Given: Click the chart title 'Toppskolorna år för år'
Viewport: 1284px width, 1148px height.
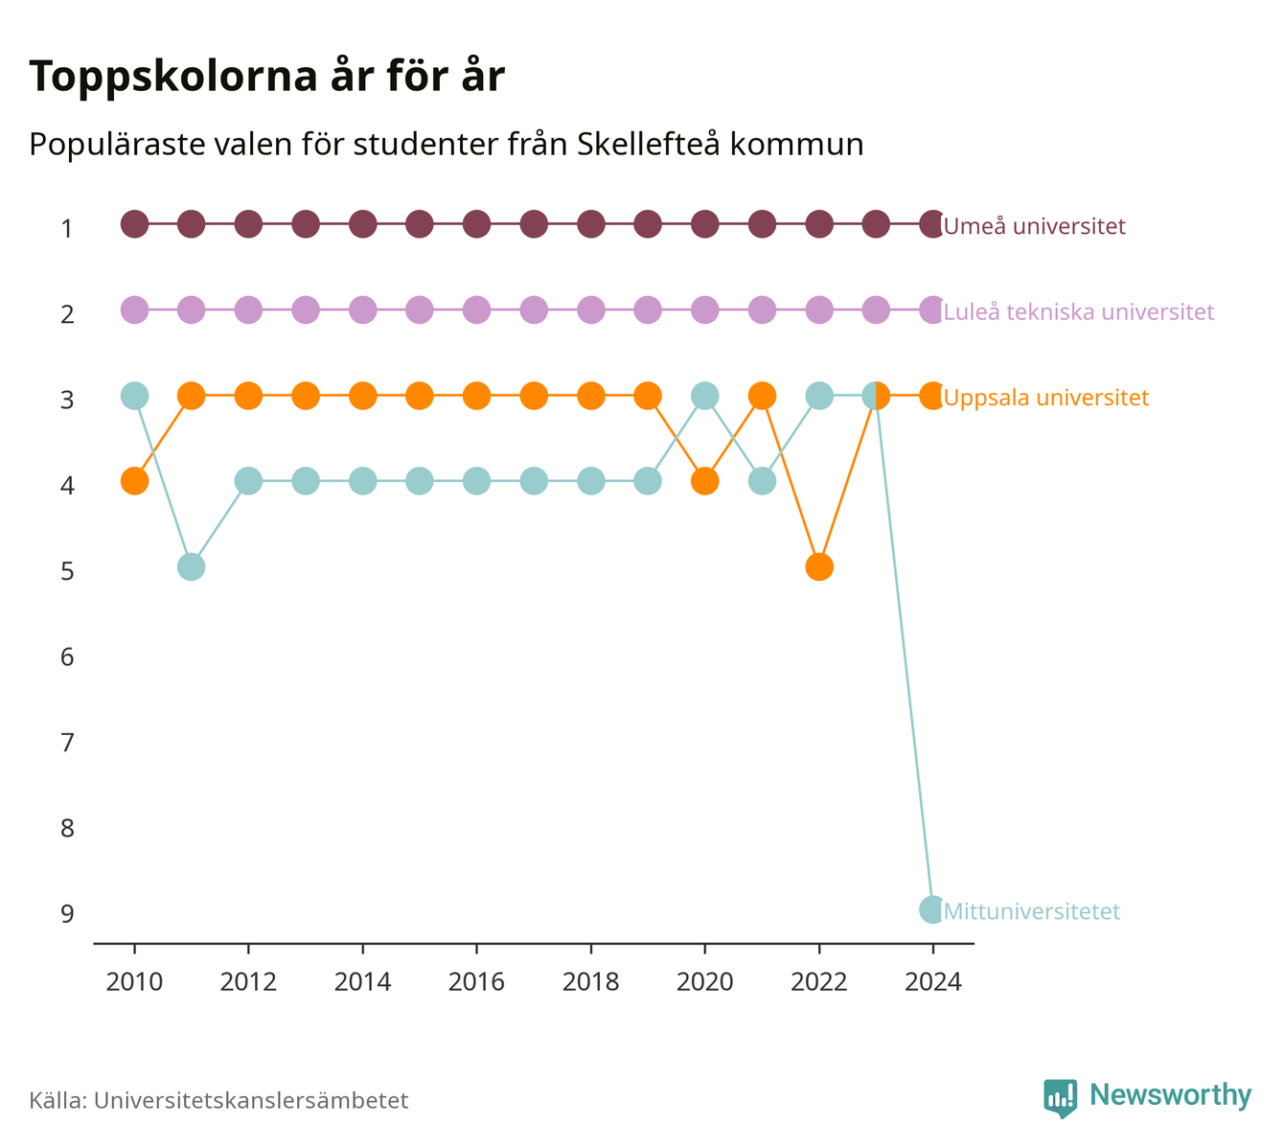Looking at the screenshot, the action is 266,77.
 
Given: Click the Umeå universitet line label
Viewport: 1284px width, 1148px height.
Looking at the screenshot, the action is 1034,225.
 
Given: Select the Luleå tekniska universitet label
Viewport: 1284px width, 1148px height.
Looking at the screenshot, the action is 1078,311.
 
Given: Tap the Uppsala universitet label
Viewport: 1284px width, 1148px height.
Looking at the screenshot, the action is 1045,398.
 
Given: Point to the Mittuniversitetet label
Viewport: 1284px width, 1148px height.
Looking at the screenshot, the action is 1031,911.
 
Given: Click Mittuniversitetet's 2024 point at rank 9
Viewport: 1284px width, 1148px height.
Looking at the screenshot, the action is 932,909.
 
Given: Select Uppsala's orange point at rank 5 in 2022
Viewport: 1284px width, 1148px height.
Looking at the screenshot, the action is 819,566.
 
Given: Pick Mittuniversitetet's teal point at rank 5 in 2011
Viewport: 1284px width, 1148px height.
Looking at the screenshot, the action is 191,566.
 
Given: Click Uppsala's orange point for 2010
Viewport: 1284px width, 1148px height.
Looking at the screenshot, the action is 134,481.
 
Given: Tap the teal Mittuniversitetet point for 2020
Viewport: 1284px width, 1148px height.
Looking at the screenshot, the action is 704,396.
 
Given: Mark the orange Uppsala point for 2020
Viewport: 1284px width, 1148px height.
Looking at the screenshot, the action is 704,481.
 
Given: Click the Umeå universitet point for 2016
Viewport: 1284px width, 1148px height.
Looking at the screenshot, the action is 476,224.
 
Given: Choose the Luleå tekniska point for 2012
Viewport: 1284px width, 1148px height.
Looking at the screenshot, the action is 248,310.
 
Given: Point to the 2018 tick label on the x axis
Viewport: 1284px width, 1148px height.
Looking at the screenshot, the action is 590,982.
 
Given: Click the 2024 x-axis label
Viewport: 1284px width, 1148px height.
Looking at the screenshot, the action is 933,982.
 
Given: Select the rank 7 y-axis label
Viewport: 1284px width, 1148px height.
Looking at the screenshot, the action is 67,743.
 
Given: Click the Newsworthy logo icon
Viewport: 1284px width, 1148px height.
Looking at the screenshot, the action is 1060,1098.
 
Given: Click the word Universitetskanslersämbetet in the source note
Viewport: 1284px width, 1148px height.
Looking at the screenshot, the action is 251,1100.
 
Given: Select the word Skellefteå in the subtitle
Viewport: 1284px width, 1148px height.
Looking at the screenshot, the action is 649,144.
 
